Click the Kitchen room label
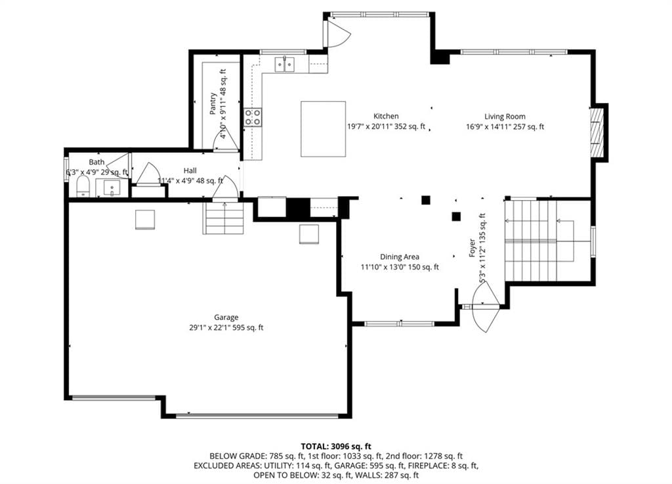point(386,116)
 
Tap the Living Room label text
point(505,117)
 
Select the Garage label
point(226,317)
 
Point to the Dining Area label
point(400,257)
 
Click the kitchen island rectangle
point(323,129)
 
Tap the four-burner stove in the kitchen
point(253,117)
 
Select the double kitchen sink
point(285,65)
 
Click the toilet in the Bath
point(83,187)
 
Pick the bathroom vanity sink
point(112,188)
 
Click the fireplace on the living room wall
point(597,132)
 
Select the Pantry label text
point(213,104)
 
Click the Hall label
point(190,171)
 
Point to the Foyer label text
point(472,248)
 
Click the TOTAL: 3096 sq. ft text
point(335,447)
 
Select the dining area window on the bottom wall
point(400,324)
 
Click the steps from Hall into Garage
point(223,218)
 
